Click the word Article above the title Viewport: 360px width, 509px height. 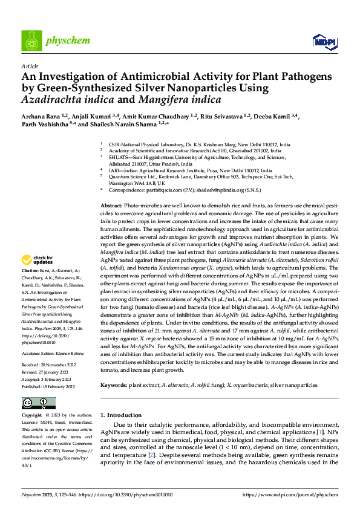29,65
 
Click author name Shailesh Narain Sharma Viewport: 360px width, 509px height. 128,126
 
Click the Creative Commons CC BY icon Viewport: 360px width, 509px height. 34,403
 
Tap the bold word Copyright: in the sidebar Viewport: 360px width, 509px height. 31,416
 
